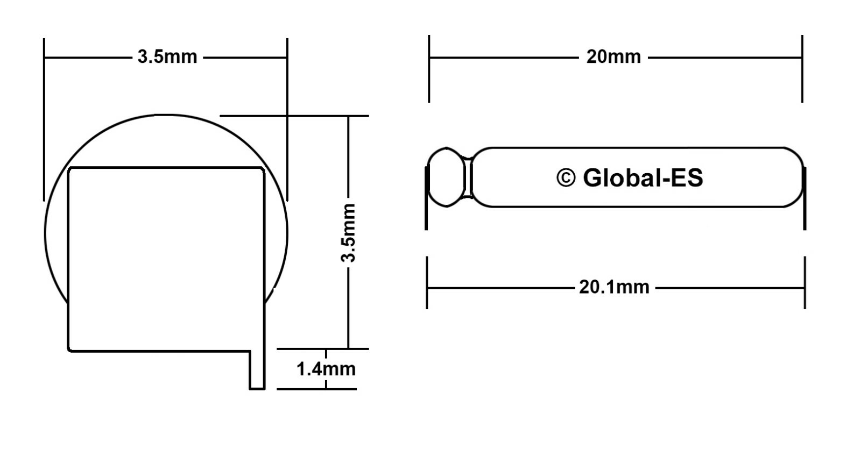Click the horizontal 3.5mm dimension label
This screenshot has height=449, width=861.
167,56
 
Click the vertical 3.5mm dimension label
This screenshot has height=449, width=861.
349,232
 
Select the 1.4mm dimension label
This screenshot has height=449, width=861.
326,369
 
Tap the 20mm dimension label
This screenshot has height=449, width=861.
613,56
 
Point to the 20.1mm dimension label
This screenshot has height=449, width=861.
614,287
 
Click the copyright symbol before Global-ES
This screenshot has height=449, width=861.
566,177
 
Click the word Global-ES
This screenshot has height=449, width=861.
643,177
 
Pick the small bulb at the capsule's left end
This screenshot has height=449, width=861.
446,177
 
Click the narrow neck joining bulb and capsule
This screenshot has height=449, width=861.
468,177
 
